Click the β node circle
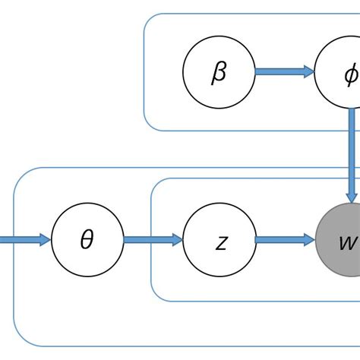coord(219,72)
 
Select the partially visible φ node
coord(342,72)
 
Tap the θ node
coord(87,240)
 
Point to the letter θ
coord(87,240)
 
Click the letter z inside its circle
coord(221,242)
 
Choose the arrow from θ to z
coord(153,240)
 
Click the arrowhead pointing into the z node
coord(178,240)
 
